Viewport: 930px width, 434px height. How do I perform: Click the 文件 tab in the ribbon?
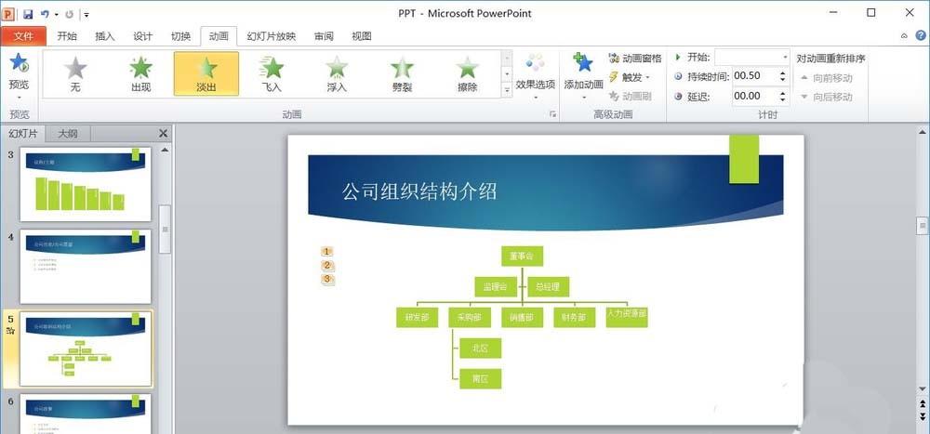[23, 36]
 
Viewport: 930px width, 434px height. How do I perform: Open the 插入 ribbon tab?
[105, 36]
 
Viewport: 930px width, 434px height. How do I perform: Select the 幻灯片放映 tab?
[272, 36]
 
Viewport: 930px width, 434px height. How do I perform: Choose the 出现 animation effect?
[140, 73]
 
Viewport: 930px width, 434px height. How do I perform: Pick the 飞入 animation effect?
[272, 73]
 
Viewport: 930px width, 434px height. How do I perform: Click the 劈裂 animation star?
[402, 73]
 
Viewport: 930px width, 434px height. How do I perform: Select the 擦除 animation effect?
[467, 73]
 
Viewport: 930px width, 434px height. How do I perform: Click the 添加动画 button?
[584, 73]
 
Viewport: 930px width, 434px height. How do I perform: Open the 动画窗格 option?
[635, 59]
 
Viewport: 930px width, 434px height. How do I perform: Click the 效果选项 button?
[535, 74]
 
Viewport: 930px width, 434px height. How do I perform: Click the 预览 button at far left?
[18, 73]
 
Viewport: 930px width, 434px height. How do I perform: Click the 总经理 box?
[549, 286]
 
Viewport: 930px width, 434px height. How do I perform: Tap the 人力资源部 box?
[626, 316]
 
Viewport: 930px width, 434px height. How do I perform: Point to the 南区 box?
[480, 378]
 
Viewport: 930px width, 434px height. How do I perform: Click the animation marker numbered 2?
[326, 265]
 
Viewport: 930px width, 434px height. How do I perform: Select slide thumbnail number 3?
[86, 184]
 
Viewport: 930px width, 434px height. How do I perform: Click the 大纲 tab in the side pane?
[68, 134]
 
